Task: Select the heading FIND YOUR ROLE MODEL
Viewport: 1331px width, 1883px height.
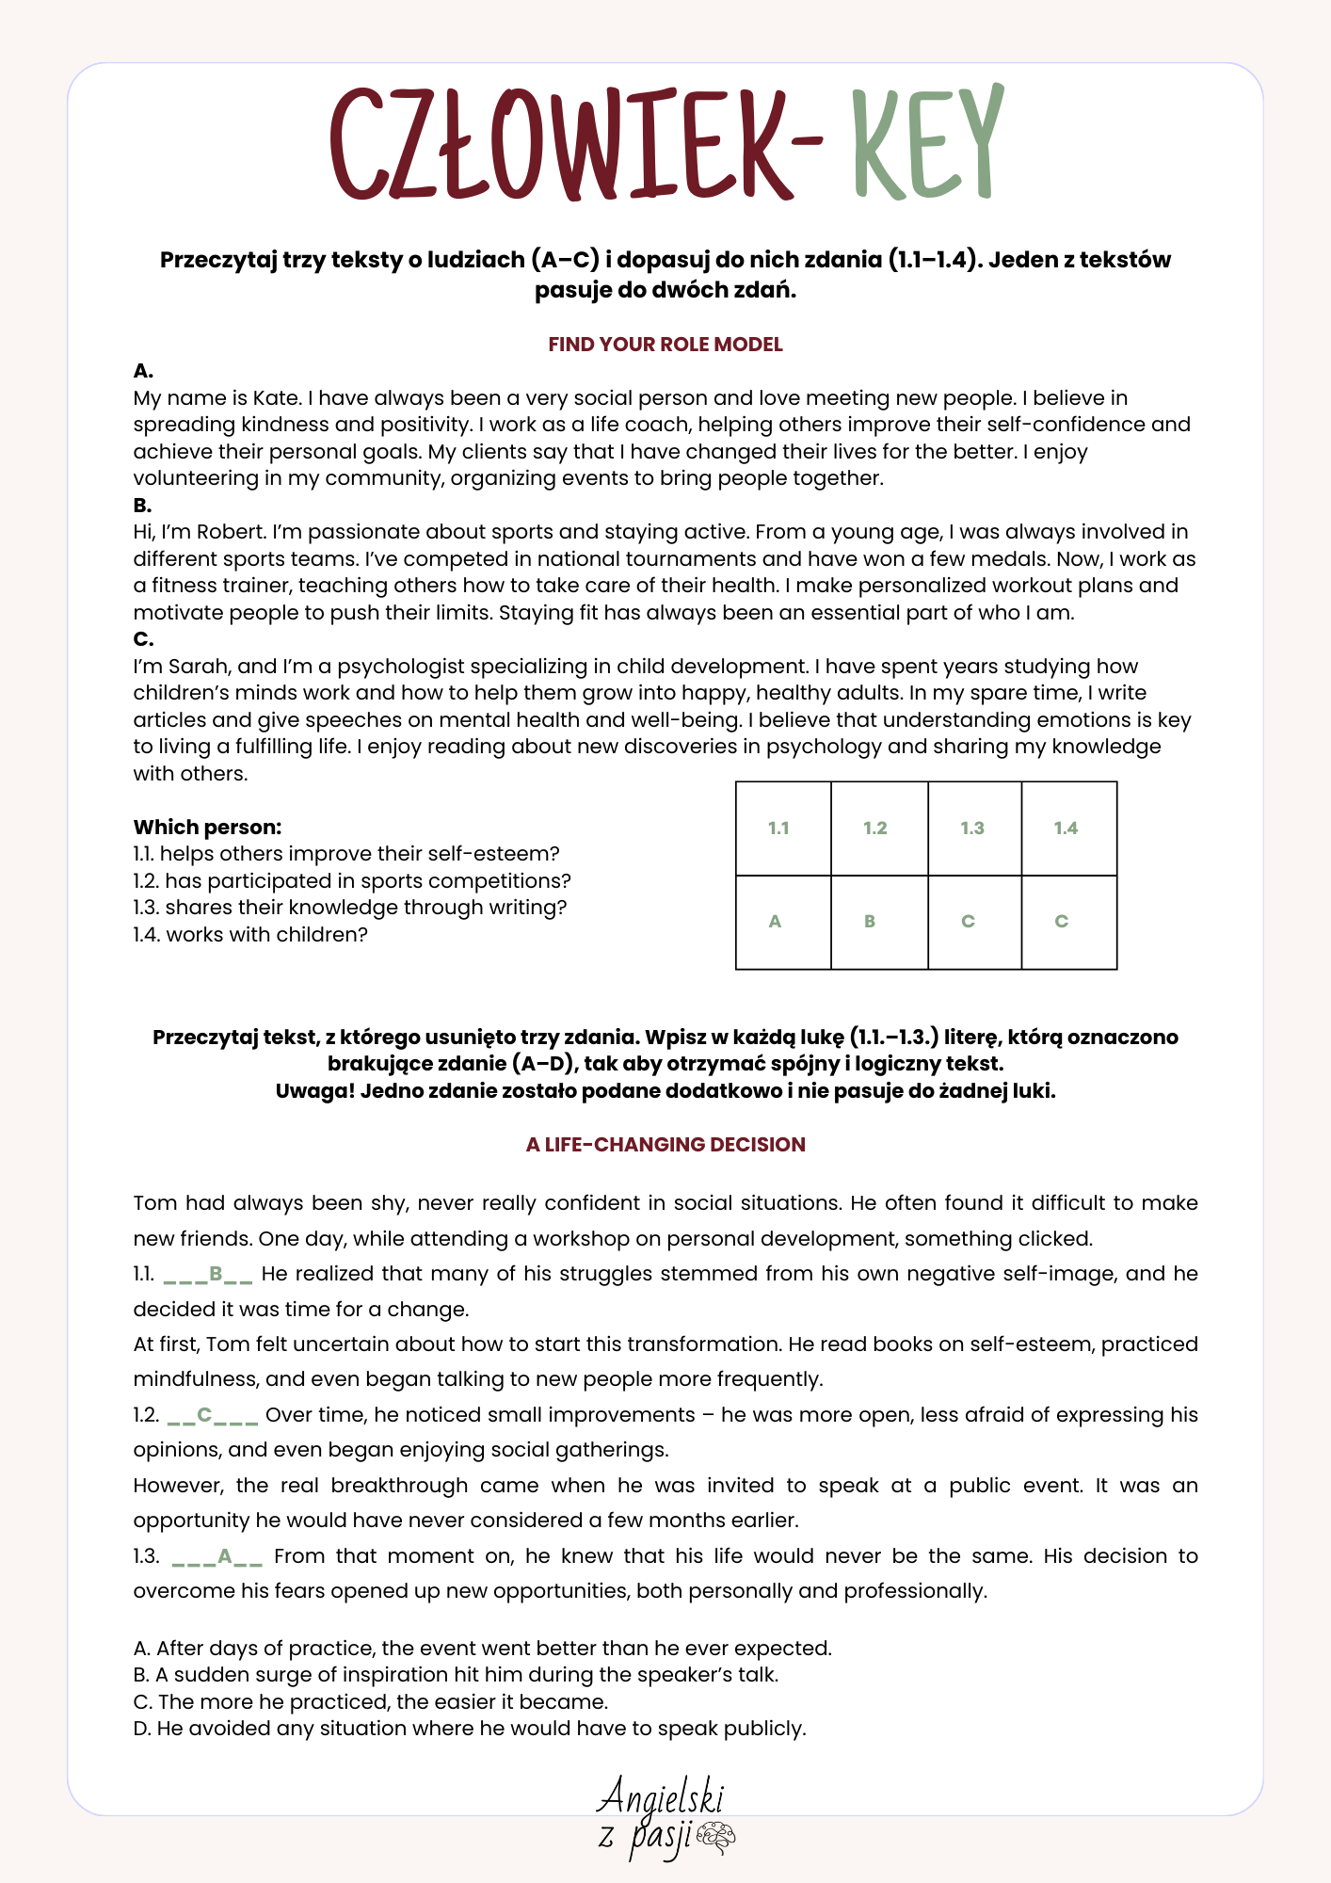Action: pos(665,345)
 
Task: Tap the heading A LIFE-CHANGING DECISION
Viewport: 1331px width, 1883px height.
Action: pos(665,1145)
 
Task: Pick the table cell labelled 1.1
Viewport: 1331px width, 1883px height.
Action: pos(782,829)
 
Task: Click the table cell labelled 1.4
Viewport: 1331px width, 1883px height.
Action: pos(1068,829)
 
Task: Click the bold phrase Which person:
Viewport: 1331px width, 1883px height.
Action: pos(207,828)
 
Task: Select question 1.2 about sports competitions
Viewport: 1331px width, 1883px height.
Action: pos(352,881)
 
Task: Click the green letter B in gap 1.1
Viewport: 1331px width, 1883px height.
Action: pos(216,1274)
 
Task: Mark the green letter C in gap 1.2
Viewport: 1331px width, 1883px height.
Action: pos(204,1415)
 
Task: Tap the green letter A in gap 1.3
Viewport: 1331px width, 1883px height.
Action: pos(225,1556)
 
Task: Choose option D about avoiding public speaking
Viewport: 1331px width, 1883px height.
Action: pos(470,1729)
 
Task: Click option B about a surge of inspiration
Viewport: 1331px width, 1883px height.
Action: pos(456,1675)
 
